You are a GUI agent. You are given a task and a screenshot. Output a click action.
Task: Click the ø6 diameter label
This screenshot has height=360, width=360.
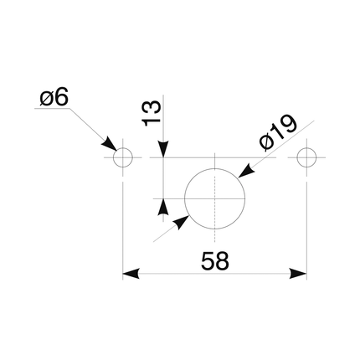(x=54, y=99)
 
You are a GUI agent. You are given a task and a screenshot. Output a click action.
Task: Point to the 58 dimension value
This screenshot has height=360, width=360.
(x=215, y=261)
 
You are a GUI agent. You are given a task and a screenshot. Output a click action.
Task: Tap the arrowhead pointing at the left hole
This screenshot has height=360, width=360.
(x=110, y=145)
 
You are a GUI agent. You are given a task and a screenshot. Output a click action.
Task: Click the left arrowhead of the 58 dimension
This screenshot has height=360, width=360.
(x=131, y=274)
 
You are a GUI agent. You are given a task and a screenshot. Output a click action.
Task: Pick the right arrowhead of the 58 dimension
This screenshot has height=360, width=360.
(x=298, y=274)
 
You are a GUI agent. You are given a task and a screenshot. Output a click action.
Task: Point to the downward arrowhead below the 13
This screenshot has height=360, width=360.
(x=163, y=149)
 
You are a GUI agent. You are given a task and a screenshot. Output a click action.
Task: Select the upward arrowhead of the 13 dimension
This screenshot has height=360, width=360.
(x=163, y=207)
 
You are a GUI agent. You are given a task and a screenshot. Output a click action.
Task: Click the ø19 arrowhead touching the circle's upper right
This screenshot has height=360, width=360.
(x=246, y=171)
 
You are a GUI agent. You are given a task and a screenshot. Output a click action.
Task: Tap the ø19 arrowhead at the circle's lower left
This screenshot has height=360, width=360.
(x=181, y=222)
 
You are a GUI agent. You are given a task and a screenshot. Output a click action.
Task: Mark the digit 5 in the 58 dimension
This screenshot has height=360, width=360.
(x=208, y=261)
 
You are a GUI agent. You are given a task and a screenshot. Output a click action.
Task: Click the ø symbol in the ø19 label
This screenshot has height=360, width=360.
(x=266, y=142)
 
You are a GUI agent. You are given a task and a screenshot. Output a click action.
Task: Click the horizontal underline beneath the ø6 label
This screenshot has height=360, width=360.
(x=52, y=108)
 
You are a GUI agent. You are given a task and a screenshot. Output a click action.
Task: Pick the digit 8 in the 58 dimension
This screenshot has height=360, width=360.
(x=223, y=261)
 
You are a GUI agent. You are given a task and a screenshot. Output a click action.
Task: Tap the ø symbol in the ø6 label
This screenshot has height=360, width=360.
(x=46, y=100)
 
